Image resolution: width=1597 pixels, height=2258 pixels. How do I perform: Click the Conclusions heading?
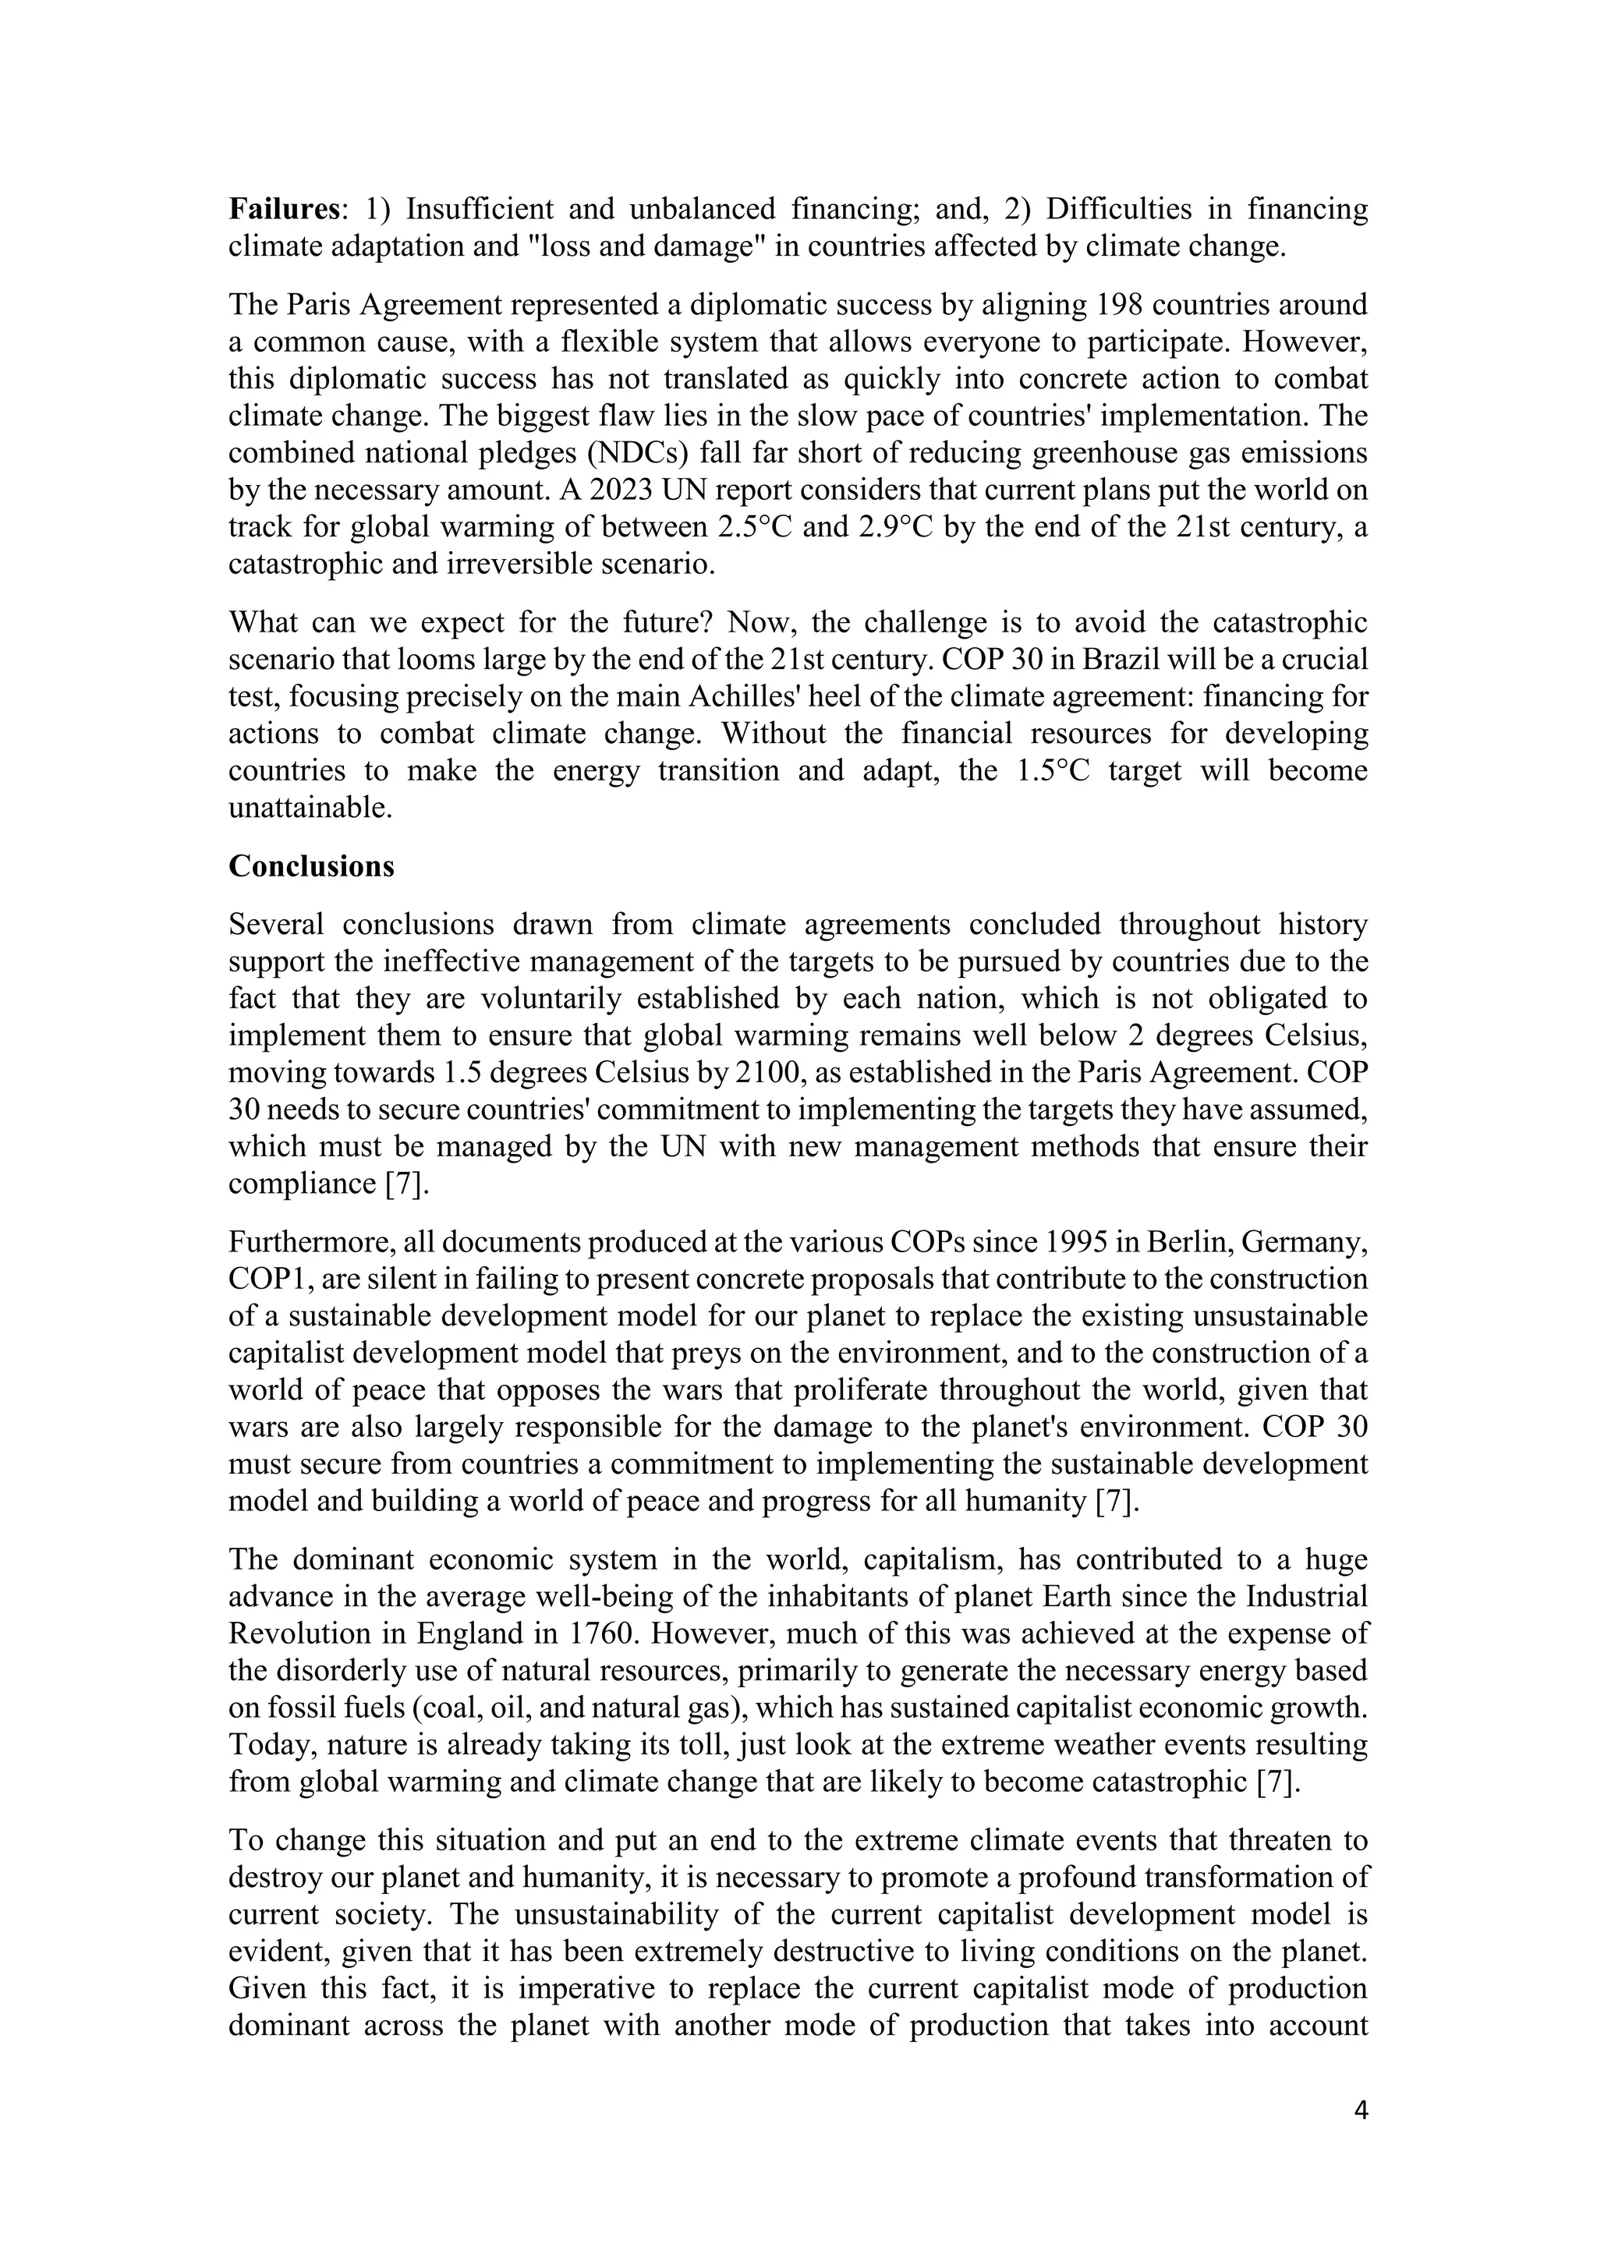(311, 866)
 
